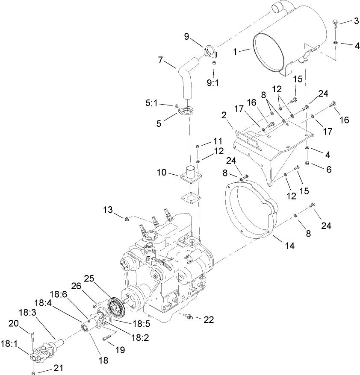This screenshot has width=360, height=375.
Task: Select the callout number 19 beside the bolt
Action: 120,350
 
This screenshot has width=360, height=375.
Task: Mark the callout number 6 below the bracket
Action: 328,169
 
